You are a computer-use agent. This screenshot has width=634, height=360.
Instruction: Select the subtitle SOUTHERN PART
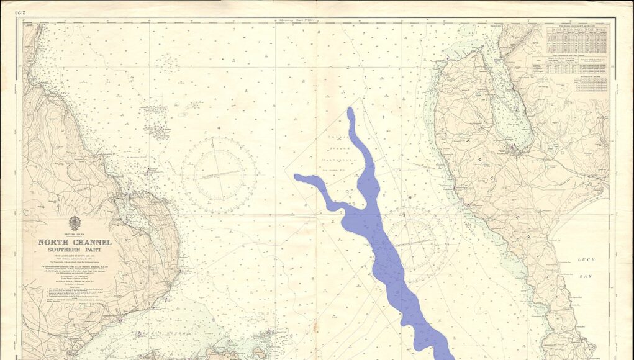75,249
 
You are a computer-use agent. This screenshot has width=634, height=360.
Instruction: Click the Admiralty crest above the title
75,222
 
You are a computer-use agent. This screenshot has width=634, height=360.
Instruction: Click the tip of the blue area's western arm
297,178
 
